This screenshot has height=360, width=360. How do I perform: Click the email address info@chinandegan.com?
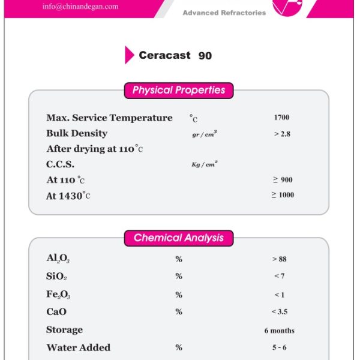(80, 7)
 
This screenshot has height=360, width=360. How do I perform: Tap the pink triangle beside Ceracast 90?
(129, 55)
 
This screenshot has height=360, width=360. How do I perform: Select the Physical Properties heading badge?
(179, 91)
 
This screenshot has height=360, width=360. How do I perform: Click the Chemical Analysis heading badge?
(179, 238)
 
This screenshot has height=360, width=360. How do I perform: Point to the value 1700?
(281, 118)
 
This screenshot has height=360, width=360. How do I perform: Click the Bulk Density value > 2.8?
(282, 134)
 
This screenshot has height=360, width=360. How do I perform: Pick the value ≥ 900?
(282, 179)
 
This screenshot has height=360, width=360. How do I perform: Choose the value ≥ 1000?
(283, 195)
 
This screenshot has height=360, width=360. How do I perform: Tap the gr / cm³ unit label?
(205, 134)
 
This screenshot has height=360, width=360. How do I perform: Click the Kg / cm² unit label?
(204, 164)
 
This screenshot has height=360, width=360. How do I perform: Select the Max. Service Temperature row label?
(109, 118)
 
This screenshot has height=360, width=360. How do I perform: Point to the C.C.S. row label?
(61, 164)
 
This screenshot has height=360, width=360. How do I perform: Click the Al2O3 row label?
(59, 259)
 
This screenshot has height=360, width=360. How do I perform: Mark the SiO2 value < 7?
(279, 276)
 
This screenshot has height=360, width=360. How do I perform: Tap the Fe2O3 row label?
(59, 295)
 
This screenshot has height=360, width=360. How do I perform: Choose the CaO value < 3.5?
(280, 312)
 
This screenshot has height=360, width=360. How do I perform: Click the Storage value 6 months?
(280, 331)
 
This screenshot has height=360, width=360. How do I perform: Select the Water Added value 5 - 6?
(280, 347)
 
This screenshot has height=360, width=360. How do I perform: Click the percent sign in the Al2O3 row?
(179, 259)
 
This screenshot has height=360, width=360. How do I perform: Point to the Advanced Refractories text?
(224, 13)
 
